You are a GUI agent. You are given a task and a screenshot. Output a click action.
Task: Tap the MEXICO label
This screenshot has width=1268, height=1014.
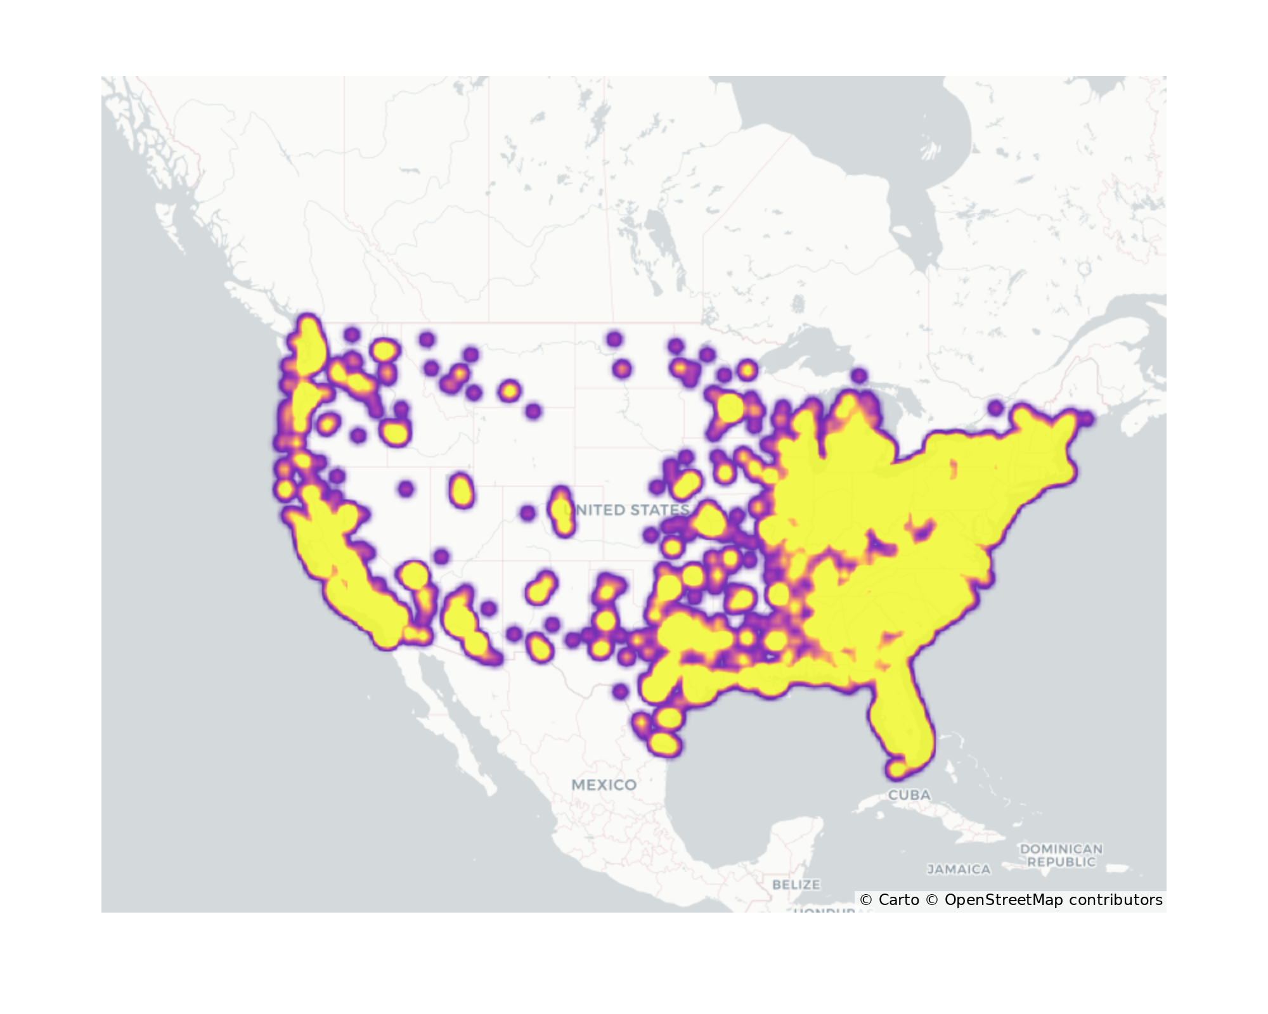pos(604,785)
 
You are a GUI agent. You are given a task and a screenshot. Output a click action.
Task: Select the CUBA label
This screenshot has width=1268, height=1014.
pos(909,795)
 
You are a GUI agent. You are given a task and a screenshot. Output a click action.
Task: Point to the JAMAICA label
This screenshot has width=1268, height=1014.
pos(959,870)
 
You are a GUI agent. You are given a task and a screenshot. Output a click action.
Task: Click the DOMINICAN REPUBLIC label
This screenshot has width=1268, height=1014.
pos(1061,855)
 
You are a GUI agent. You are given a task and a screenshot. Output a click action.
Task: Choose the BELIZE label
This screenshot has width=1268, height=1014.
pos(796,884)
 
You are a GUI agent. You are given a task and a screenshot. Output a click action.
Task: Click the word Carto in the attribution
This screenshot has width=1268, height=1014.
pos(898,900)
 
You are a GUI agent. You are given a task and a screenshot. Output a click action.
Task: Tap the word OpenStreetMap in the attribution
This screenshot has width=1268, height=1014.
pos(1004,900)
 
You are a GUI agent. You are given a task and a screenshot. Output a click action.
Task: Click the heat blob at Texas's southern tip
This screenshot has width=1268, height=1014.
pos(663,743)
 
